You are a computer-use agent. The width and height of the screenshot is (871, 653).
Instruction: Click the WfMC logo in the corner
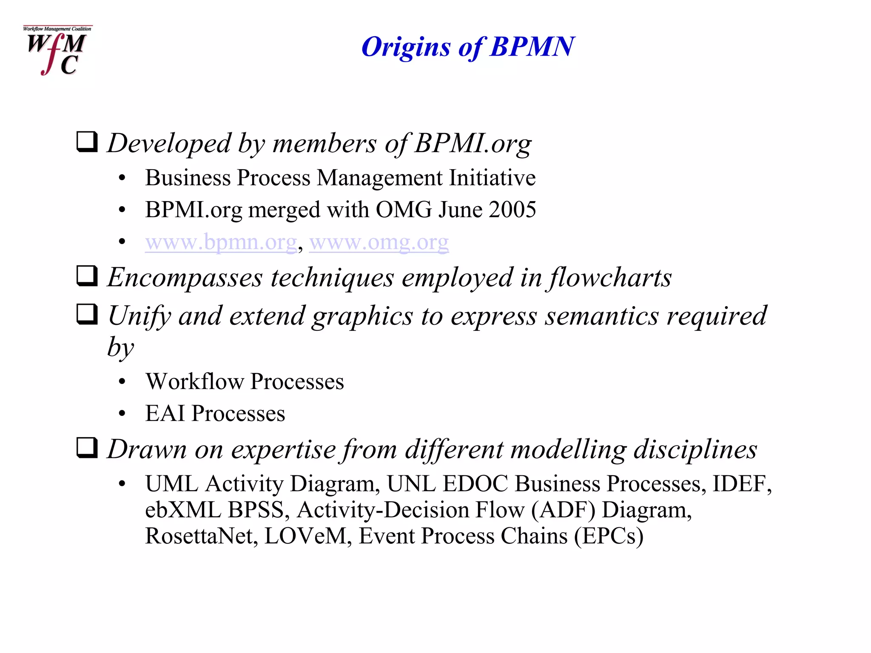tap(57, 50)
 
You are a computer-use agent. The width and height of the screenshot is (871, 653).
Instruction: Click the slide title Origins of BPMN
tap(468, 46)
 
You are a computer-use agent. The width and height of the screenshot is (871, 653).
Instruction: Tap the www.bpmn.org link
tap(221, 242)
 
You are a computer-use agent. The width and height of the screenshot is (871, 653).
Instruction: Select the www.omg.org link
tap(379, 242)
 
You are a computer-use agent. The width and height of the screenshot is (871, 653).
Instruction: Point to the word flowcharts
tap(610, 278)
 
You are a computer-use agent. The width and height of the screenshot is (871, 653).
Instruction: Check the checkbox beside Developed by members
tap(87, 142)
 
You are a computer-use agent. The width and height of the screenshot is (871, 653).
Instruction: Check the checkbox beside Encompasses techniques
tap(87, 276)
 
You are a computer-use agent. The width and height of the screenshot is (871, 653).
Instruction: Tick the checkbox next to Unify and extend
tap(87, 314)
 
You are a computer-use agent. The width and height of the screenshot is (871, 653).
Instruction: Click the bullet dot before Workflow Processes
tap(122, 382)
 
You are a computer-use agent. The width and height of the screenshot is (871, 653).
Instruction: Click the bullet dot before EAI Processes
tap(122, 414)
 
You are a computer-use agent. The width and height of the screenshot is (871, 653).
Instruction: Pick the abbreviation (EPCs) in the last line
tap(609, 536)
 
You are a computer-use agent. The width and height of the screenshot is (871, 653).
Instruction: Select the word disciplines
tap(695, 449)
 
